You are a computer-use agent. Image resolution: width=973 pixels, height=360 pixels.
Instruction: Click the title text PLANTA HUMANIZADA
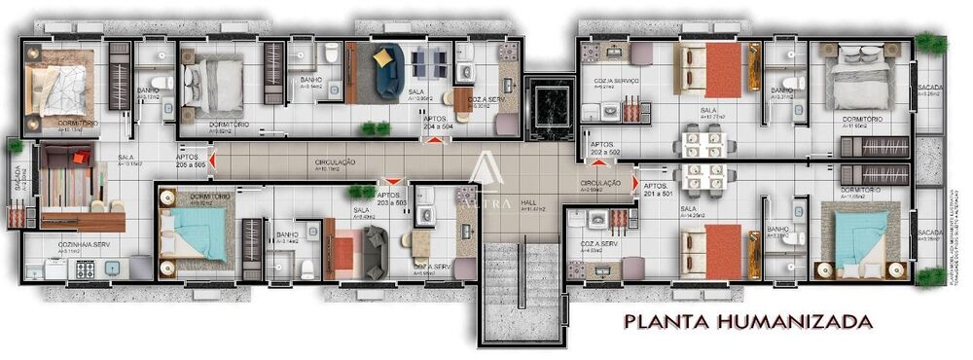(x=740, y=319)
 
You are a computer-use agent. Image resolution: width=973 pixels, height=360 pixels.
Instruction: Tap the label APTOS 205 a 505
(x=190, y=158)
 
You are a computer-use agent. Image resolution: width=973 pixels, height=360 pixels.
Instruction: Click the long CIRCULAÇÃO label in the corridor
(x=336, y=162)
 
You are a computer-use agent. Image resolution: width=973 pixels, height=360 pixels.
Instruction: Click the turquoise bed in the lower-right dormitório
(x=855, y=234)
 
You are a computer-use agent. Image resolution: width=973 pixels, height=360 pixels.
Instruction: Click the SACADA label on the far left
(x=18, y=180)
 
